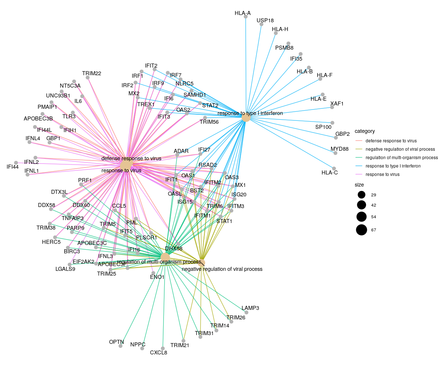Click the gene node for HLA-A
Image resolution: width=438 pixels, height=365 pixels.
tap(246, 16)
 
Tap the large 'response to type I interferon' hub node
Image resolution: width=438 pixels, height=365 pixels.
tap(246, 118)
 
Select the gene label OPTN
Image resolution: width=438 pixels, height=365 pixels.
tap(116, 342)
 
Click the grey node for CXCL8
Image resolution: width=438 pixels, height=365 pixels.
tap(163, 348)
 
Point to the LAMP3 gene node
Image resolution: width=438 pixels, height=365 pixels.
tap(246, 312)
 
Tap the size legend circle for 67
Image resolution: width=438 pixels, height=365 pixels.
tap(361, 230)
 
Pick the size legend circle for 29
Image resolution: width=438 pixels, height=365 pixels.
tap(361, 195)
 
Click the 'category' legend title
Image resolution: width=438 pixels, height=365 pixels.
tap(365, 131)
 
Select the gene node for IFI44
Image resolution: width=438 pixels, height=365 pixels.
tap(16, 163)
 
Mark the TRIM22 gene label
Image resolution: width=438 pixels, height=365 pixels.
tap(92, 73)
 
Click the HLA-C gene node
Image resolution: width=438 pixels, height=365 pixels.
tap(334, 168)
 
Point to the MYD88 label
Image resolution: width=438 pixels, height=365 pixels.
tap(339, 149)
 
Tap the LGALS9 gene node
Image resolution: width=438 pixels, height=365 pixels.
tap(69, 264)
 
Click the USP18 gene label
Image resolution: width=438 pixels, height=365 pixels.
tap(265, 20)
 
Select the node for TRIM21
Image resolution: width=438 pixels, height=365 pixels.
tap(183, 341)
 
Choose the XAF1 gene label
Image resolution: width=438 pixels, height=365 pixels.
tap(337, 103)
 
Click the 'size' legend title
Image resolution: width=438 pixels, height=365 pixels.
tap(359, 185)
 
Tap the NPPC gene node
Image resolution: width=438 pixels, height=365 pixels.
tap(142, 349)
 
